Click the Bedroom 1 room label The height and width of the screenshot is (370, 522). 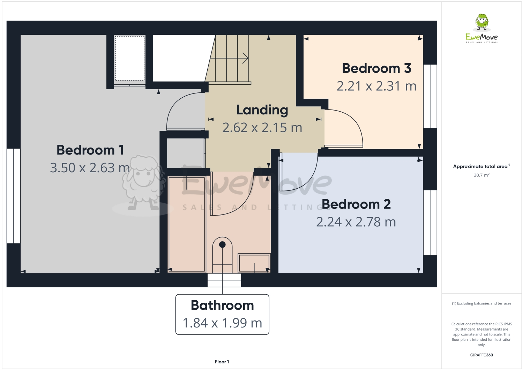(90, 150)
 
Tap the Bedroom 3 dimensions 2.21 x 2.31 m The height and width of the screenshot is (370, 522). (376, 86)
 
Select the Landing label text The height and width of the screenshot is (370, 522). (262, 110)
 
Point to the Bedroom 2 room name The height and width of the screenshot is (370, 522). (356, 204)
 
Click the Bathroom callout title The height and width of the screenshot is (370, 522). (222, 305)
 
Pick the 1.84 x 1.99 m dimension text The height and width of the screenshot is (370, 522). (222, 323)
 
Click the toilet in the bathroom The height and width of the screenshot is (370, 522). (222, 255)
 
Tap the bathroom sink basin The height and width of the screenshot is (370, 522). (254, 263)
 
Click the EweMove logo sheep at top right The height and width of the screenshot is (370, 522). (482, 22)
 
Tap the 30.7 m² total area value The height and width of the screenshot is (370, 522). (482, 175)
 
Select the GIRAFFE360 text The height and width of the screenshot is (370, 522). (482, 355)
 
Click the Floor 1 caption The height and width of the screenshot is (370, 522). (222, 362)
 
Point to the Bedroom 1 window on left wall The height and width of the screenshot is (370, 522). (14, 196)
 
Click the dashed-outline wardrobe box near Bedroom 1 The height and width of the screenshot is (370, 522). (129, 58)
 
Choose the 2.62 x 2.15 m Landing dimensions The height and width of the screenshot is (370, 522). (262, 128)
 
